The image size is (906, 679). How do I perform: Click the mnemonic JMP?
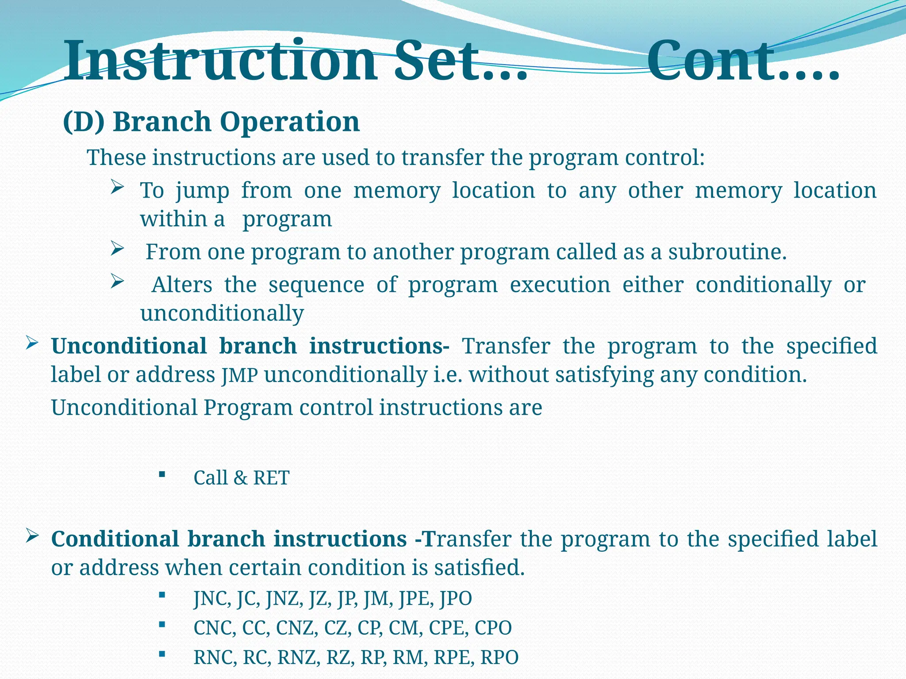coord(239,376)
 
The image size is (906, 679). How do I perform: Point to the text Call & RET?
coord(241,478)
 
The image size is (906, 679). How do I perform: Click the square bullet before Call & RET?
coord(161,475)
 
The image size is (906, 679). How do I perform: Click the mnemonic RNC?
coord(215,658)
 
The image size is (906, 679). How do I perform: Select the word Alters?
coord(182,285)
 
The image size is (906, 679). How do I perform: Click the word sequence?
coord(316,285)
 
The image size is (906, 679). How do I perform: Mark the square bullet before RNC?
coord(161,654)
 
